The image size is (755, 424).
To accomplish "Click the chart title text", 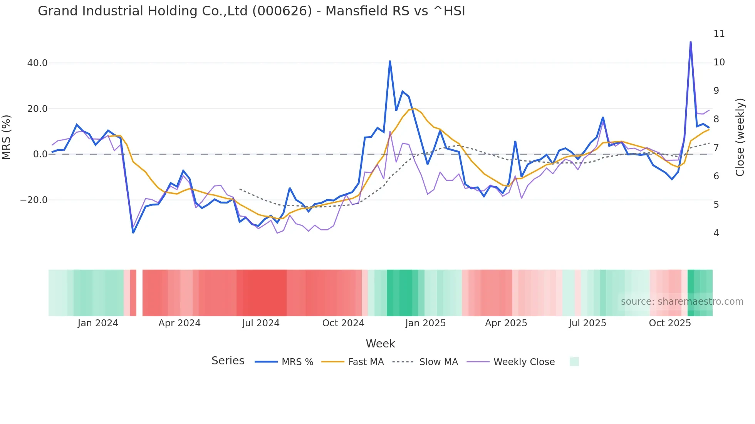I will coord(251,11).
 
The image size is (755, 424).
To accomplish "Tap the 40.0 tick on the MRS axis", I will coord(37,63).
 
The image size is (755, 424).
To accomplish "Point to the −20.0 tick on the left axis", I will coord(34,200).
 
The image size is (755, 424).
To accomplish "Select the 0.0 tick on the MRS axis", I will coord(40,154).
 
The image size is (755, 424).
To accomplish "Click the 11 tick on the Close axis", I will coord(719,34).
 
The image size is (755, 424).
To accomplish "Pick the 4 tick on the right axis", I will coord(716,233).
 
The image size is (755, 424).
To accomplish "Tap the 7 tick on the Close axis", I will coord(716,148).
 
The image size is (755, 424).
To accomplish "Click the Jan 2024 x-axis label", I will coord(98,323).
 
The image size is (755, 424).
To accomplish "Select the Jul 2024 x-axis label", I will coord(261,323).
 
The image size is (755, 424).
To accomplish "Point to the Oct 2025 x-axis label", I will coord(670,323).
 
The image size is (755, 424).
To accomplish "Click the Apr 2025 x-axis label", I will coord(506,323).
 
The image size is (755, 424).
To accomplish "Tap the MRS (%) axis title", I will coord(7,137).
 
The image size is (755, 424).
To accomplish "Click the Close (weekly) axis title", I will coord(740,137).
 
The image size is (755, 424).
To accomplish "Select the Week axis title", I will coord(380,344).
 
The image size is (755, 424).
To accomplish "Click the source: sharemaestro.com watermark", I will coord(682,302).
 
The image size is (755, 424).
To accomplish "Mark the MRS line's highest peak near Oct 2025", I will coord(691,42).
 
